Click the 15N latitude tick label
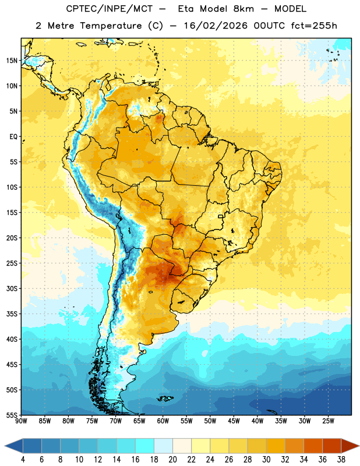[x=12, y=61]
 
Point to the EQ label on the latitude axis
[x=13, y=137]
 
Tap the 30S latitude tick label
[x=12, y=288]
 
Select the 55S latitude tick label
[x=12, y=415]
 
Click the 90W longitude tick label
[x=21, y=421]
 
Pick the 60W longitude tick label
[x=163, y=421]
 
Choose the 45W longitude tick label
[x=234, y=421]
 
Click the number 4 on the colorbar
[x=23, y=460]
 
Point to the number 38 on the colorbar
[x=341, y=460]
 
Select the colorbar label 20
[x=172, y=460]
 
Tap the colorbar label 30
[x=266, y=460]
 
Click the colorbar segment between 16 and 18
[x=145, y=446]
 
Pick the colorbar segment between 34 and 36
[x=313, y=446]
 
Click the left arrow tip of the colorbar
[x=5, y=446]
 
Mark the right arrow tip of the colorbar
[x=359, y=446]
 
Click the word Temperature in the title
[x=111, y=26]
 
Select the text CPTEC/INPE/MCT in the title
[x=109, y=9]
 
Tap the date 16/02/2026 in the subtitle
[x=216, y=26]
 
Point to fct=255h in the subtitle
[x=314, y=26]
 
